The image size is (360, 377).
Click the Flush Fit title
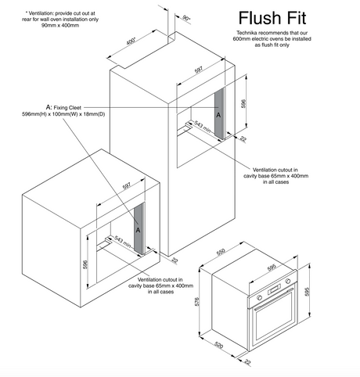[272, 18]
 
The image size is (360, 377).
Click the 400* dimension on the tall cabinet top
[131, 41]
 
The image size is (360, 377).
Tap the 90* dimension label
[186, 18]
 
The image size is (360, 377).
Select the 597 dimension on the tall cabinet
[199, 70]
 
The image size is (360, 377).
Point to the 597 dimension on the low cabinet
[127, 186]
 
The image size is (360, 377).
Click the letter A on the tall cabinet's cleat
[218, 114]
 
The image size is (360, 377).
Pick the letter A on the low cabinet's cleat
[138, 230]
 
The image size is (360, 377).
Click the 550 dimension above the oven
[221, 252]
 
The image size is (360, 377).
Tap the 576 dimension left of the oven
[197, 301]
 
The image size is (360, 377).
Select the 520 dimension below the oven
[219, 345]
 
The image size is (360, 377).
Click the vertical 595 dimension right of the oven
[307, 292]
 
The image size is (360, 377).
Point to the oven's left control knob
[260, 297]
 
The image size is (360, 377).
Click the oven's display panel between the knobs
[274, 289]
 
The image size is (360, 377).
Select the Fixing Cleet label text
[67, 107]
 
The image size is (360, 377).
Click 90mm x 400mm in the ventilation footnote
[60, 26]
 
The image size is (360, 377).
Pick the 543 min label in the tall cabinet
[203, 127]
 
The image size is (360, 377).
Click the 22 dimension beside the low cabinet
[175, 260]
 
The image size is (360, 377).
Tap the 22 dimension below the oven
[247, 362]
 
